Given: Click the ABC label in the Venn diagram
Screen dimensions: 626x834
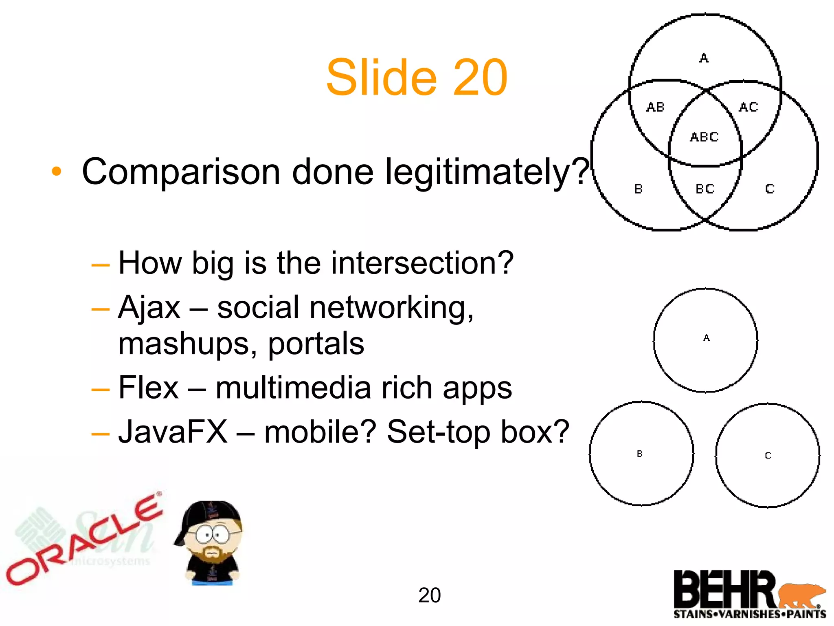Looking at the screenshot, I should (x=704, y=137).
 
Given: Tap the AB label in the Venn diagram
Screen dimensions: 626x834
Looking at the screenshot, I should (x=655, y=107).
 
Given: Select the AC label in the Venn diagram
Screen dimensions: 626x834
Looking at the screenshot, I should (x=748, y=107).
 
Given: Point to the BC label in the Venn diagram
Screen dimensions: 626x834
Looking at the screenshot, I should (x=705, y=189).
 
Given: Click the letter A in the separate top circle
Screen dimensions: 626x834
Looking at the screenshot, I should (x=707, y=338).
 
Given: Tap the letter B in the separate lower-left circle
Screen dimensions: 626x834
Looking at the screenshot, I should (x=640, y=454).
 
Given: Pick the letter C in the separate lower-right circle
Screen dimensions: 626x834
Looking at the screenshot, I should (x=768, y=456).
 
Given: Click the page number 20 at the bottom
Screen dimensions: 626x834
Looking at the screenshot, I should (x=429, y=595).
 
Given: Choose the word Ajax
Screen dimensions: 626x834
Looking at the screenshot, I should (x=149, y=307).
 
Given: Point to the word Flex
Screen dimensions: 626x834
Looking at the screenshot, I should (x=148, y=388).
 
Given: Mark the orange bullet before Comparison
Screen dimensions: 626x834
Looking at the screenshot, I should (x=57, y=172).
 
